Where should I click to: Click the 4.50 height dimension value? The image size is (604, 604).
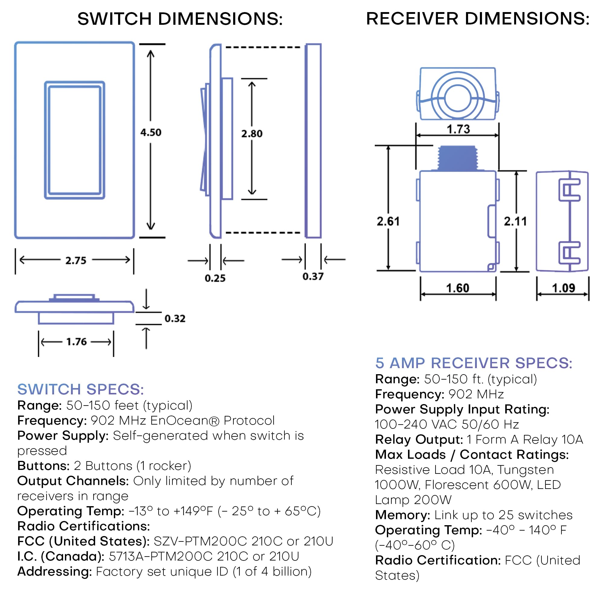coord(151,133)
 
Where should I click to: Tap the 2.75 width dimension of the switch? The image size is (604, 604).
coord(76,260)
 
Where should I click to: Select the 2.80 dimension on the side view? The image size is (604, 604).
coord(252,134)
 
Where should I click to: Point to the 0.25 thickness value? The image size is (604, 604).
coord(215,278)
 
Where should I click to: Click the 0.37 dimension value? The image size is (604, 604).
coord(313,276)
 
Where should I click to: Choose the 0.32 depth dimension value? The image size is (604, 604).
coord(175,319)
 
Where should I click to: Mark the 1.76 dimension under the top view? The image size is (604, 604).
coord(76,342)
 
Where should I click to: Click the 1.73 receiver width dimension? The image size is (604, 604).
coord(458,129)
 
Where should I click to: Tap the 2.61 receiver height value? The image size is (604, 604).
coord(388,221)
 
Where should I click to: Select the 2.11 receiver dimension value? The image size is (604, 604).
coord(515,221)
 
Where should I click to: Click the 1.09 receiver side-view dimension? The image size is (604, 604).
coord(563,288)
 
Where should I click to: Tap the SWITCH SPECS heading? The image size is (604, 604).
coord(80,389)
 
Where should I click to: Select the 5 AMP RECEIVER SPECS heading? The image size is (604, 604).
coord(474,363)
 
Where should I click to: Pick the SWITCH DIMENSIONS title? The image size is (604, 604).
coord(180,19)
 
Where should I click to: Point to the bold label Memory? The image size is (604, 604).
coord(403,515)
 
